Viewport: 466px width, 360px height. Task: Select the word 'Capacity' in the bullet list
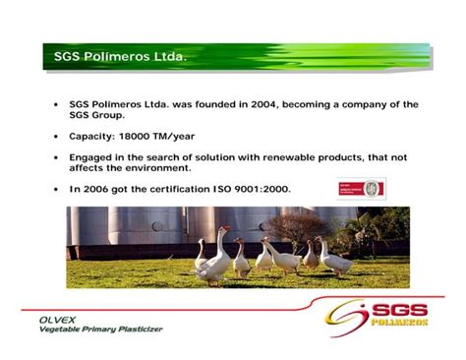90,137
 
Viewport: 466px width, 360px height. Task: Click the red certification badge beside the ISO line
361,188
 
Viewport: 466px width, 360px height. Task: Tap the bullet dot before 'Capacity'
55,137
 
